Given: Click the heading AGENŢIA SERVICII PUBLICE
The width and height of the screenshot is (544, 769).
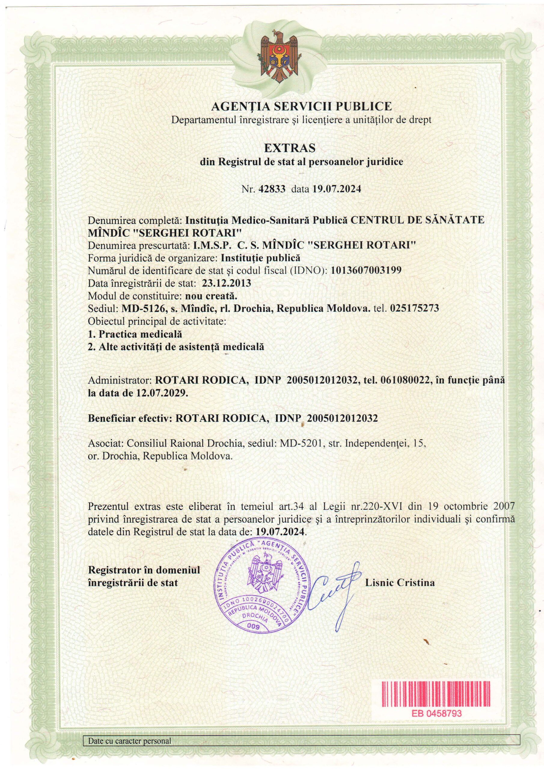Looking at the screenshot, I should tap(302, 107).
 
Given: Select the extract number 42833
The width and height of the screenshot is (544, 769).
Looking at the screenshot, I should tap(272, 189).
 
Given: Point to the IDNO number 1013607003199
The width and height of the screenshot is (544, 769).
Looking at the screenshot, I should tap(366, 271).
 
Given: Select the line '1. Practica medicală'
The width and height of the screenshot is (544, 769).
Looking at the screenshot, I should tap(135, 334).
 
